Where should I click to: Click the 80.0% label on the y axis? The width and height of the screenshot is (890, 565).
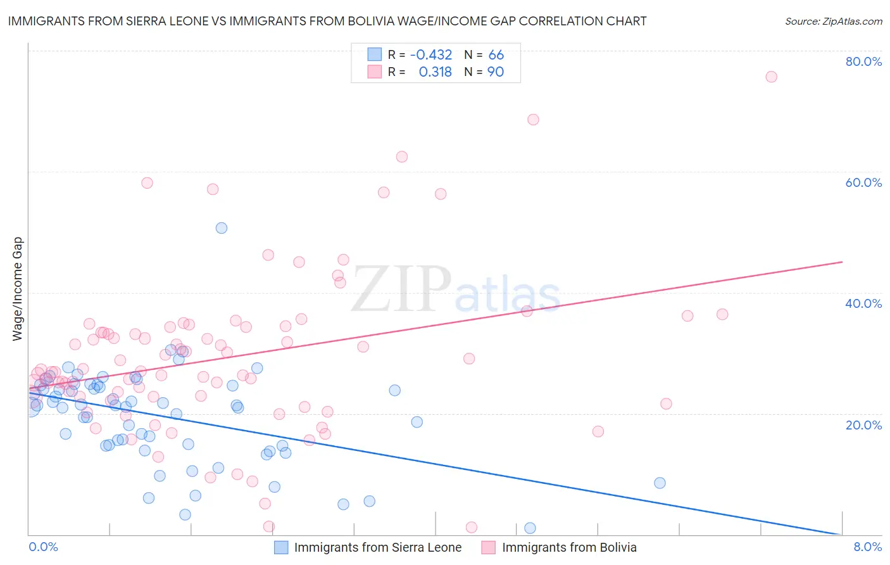[863, 61]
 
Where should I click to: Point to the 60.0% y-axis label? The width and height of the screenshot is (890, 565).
[863, 182]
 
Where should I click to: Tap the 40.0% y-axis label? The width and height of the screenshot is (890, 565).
[863, 303]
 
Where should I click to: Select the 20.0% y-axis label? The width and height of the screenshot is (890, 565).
[863, 424]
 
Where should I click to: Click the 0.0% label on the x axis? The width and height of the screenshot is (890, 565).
[43, 547]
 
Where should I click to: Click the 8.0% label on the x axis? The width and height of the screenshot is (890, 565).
[867, 547]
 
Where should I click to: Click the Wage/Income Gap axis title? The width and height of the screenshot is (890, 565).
[18, 289]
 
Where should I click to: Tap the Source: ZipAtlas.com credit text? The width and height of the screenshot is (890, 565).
[833, 21]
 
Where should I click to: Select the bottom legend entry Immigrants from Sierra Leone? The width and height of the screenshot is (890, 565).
[377, 547]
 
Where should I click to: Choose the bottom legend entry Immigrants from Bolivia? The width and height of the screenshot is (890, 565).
[569, 547]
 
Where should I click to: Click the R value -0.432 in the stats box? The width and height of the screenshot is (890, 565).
[431, 54]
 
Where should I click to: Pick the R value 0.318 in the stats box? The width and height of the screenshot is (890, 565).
[436, 72]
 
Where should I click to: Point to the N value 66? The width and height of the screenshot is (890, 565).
[496, 54]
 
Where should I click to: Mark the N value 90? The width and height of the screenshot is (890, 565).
[496, 72]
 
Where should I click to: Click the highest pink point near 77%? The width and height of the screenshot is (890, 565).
[771, 77]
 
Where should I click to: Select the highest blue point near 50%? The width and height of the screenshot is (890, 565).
[222, 228]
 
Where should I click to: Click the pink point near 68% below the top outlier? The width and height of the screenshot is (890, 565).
[533, 120]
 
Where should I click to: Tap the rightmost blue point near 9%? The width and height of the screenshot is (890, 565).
[660, 483]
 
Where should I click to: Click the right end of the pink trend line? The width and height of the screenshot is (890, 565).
[842, 262]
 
